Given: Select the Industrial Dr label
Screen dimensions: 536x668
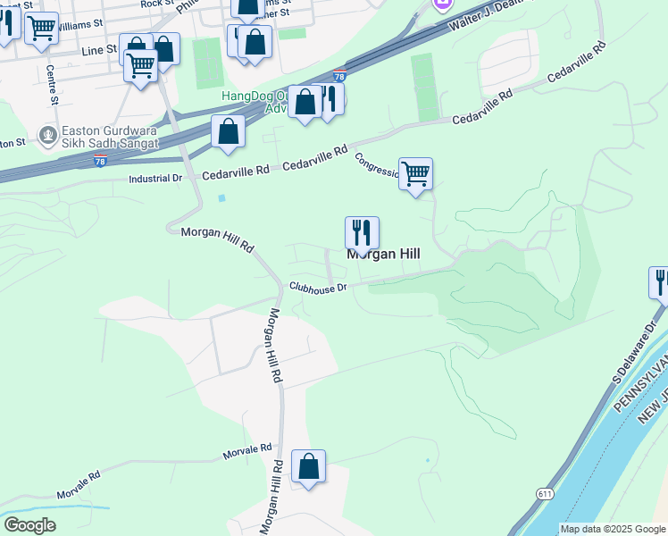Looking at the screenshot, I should point(155,179).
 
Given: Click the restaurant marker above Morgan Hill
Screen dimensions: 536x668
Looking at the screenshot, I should point(362,232).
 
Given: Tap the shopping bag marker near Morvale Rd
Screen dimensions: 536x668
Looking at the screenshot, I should point(308,466).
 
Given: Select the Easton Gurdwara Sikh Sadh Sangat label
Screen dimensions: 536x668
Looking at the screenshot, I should point(110,137).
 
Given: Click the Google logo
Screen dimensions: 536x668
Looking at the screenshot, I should point(29,525).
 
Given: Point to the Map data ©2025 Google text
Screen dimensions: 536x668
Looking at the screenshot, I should point(613,529).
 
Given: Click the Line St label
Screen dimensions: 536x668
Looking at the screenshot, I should point(99,51).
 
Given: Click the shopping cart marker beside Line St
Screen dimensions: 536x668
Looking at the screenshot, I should point(140,63).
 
